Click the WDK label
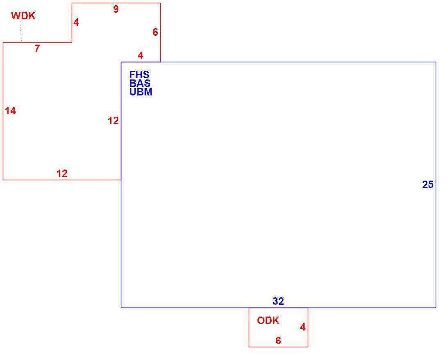point(23,16)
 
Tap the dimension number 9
point(116,9)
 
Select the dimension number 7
point(37,49)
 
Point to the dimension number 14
point(10,111)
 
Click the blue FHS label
point(139,75)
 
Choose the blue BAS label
point(140,83)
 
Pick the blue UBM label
point(141,92)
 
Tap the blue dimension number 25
point(428,184)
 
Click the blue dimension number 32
point(278,301)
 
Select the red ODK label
point(268,320)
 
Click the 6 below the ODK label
point(278,340)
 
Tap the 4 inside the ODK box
point(303,327)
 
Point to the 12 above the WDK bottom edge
point(62,173)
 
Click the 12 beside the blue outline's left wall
point(113,121)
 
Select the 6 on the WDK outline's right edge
point(155,32)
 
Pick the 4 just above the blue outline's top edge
point(140,55)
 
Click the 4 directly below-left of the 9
point(76,22)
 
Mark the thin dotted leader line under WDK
point(21,31)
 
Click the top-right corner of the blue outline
point(436,62)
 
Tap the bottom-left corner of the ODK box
point(249,347)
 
